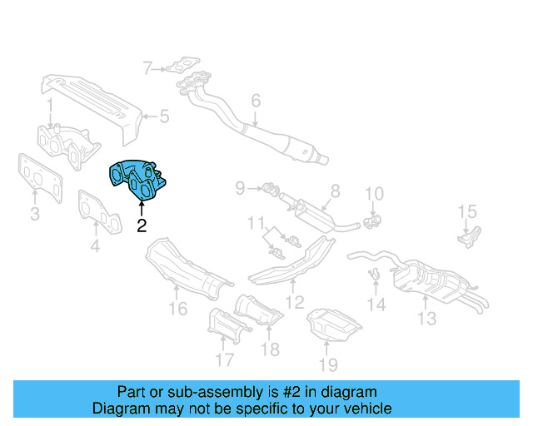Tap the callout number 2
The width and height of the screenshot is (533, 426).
[x=142, y=225]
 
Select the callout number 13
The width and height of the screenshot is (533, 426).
[x=426, y=319]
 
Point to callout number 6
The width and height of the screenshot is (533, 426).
[x=256, y=101]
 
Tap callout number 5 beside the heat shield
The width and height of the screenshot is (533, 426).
[x=164, y=116]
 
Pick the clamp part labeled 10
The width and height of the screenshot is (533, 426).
[x=372, y=220]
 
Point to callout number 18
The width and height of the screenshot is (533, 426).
[x=270, y=349]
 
